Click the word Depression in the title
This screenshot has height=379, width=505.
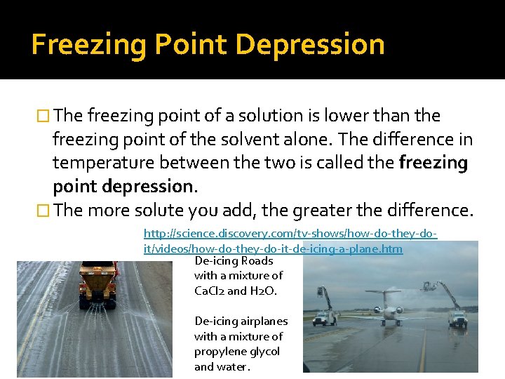(x=311, y=45)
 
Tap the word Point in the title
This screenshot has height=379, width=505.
(x=188, y=45)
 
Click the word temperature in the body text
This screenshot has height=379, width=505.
(x=104, y=163)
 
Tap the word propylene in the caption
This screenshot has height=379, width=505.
(x=219, y=352)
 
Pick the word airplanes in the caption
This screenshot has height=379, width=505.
(x=263, y=321)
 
